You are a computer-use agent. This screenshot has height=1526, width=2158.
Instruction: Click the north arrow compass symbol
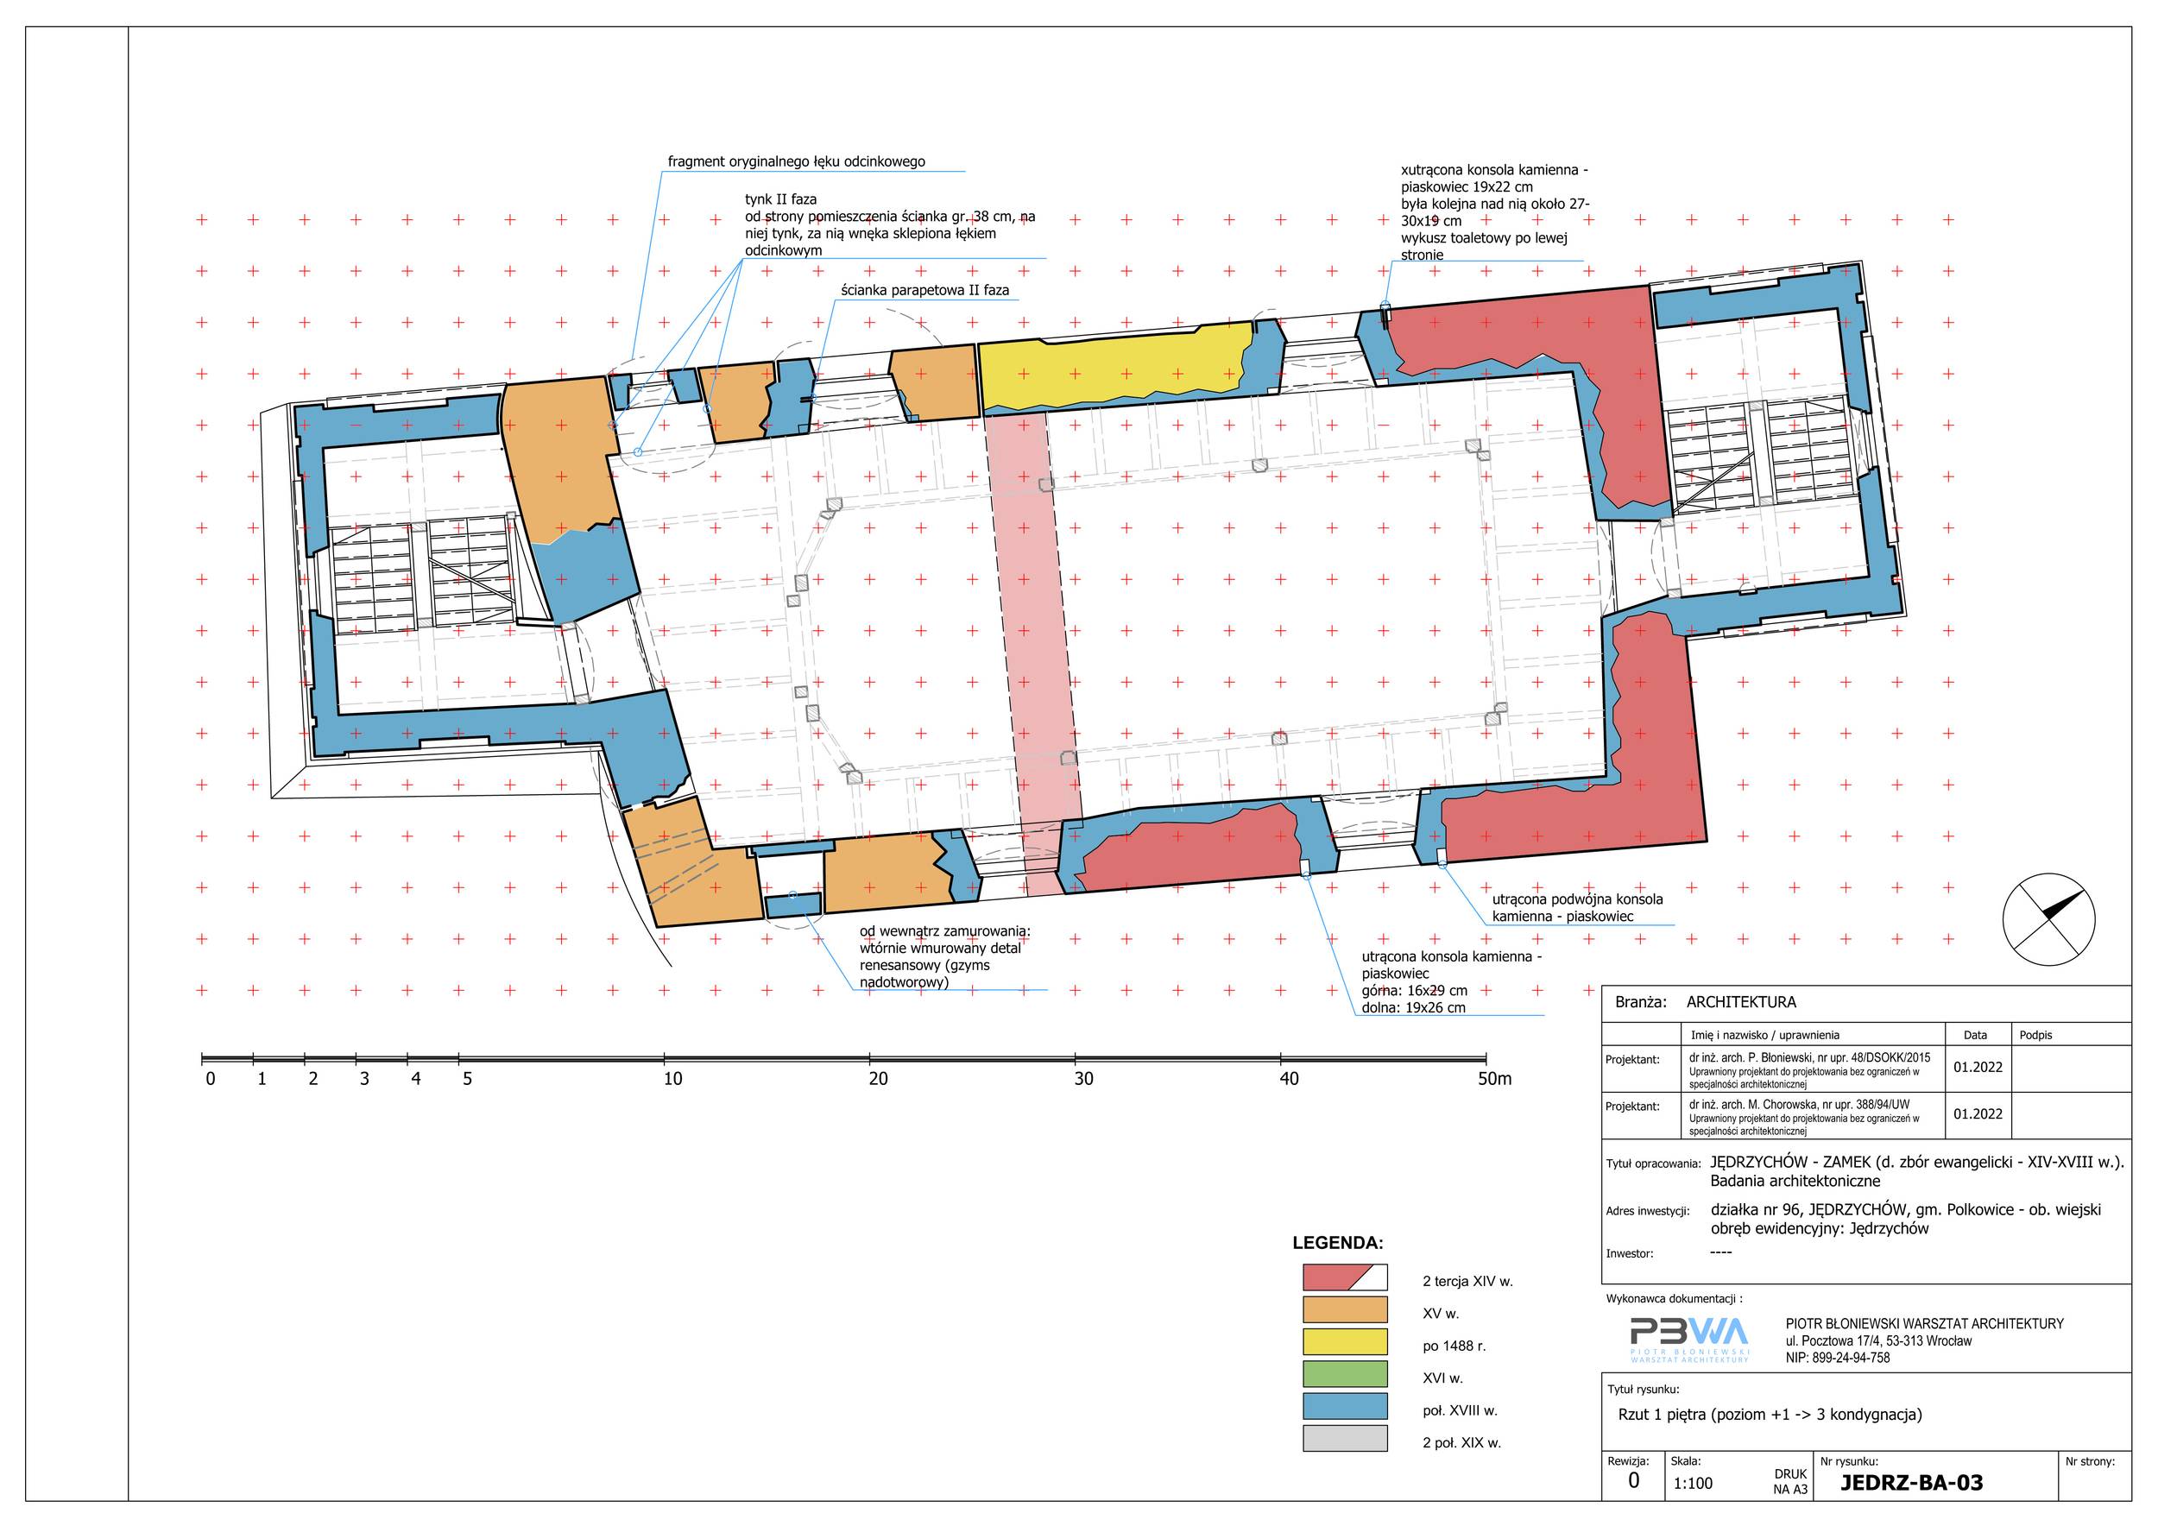2049,918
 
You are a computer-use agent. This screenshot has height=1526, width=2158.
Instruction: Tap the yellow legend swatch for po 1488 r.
1345,1341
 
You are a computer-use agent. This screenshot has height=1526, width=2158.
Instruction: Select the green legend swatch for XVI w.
1345,1374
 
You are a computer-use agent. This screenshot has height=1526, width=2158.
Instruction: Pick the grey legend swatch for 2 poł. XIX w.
1345,1439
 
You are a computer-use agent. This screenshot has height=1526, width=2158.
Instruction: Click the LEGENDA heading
1337,1243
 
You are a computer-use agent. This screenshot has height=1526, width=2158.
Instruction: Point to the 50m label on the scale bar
1494,1079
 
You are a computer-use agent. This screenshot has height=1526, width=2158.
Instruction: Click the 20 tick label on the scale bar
878,1079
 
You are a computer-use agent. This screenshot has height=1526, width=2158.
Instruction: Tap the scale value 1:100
1693,1484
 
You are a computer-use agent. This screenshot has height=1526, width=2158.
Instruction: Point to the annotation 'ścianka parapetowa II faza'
924,290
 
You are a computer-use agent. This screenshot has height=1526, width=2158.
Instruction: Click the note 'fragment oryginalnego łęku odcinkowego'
796,161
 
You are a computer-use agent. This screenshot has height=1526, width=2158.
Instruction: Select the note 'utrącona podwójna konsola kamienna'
1577,908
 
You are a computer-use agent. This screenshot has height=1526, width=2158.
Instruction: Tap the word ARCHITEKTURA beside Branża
1741,1003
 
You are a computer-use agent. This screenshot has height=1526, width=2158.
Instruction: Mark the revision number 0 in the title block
1633,1481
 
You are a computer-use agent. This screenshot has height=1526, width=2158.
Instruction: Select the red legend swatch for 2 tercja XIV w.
1345,1277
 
